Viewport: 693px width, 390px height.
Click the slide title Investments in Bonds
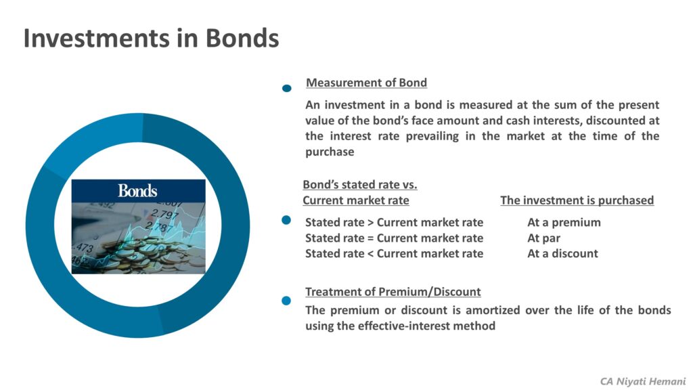(151, 38)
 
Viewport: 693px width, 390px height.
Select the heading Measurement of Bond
(366, 83)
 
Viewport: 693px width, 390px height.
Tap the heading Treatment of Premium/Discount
(393, 292)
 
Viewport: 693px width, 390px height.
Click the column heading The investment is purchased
(577, 200)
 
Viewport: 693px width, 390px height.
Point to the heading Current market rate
(355, 200)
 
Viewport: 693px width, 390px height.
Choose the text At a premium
(564, 222)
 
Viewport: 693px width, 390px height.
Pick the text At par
(543, 238)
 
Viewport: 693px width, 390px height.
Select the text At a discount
(562, 253)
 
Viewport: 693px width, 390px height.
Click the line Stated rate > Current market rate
(394, 222)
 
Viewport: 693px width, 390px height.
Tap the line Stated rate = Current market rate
(394, 238)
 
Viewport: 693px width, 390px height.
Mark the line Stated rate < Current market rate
(394, 253)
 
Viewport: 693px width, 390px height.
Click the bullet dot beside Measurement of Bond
(287, 88)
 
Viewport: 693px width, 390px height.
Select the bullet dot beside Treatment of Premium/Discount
(286, 300)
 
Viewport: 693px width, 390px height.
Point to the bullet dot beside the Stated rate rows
(286, 220)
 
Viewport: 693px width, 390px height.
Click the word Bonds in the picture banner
(137, 190)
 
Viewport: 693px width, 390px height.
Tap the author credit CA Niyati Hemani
(642, 381)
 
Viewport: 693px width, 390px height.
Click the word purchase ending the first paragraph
(330, 152)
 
